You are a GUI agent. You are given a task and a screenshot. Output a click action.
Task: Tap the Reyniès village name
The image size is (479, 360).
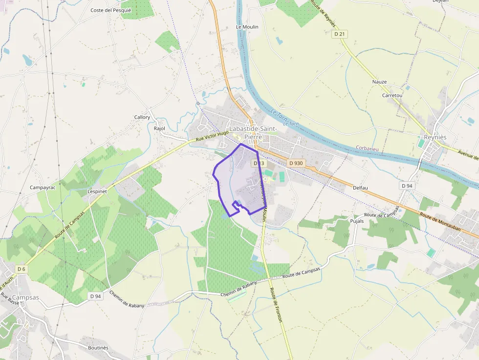click(435, 137)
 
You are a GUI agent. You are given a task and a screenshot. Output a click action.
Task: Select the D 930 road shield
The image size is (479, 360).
click(296, 163)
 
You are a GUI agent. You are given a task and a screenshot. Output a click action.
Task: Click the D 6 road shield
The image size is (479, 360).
click(21, 269)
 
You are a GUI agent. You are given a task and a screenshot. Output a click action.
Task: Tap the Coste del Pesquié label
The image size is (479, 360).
click(111, 10)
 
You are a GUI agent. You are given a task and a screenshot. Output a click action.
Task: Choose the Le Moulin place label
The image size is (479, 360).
click(247, 27)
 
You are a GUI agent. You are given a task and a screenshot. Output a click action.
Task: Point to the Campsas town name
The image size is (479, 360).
click(25, 297)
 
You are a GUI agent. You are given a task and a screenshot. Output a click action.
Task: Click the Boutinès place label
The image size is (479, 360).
click(98, 348)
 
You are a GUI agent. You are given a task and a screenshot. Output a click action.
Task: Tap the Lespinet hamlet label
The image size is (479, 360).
click(97, 191)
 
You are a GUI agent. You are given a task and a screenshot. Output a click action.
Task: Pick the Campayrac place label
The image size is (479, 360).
click(43, 188)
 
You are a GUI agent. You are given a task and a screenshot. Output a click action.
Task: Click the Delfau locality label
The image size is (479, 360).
click(360, 187)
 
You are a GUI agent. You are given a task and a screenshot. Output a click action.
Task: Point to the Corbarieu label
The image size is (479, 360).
click(367, 148)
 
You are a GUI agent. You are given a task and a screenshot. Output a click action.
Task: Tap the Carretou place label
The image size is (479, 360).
click(392, 95)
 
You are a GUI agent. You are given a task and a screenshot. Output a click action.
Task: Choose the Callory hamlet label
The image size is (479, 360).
click(142, 117)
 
